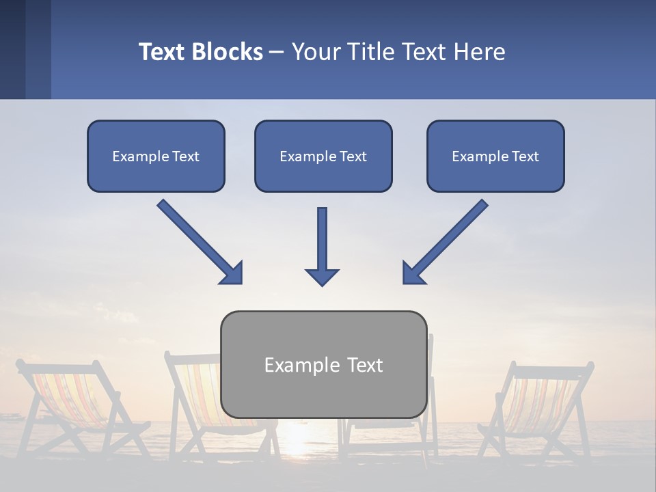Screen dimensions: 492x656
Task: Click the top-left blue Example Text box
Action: [156, 156]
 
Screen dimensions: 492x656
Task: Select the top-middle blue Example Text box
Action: [323, 156]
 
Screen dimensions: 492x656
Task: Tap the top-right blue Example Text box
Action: [495, 156]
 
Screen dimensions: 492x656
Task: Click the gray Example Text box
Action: [323, 364]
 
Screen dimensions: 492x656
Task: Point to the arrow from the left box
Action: [198, 241]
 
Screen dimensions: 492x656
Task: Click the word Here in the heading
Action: [482, 52]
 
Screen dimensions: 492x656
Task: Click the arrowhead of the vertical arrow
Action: [322, 276]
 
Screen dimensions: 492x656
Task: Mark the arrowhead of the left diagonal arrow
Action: [232, 273]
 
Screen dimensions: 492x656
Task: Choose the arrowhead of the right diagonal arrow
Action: [413, 273]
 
